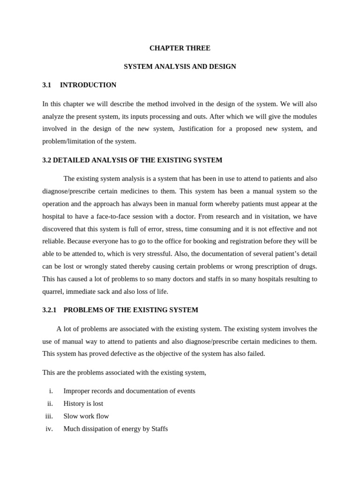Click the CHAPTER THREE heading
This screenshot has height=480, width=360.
tap(180, 48)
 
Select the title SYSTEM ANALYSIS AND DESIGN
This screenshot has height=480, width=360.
tap(180, 67)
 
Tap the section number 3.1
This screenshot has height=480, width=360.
tap(46, 85)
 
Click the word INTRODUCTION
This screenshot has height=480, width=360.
tap(88, 85)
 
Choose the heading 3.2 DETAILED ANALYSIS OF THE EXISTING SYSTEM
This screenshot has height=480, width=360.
tap(132, 160)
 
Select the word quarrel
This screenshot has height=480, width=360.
tap(52, 291)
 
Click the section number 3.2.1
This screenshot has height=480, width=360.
tap(49, 310)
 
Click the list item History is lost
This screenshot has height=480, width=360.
tap(83, 404)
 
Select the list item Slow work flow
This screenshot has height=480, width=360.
tap(86, 416)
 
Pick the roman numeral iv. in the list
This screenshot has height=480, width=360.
tap(49, 428)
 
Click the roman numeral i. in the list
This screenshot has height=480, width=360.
tap(51, 391)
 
